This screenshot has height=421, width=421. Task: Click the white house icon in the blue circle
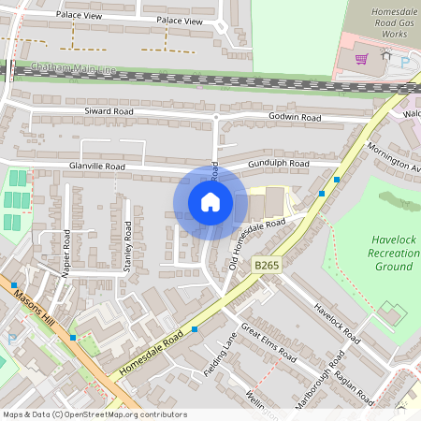point(210,202)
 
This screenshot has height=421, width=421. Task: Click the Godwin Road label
point(295,118)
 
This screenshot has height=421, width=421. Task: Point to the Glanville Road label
point(97,166)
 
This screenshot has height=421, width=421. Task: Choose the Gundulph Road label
point(278,164)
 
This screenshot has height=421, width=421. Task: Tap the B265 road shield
point(267,266)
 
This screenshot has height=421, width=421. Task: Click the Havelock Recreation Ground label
point(392,253)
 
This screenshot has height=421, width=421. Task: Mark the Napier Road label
point(66,253)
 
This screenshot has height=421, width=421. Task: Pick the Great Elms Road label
point(269,343)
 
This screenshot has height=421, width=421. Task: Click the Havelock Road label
point(337,322)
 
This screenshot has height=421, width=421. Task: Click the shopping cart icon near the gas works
point(361,59)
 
